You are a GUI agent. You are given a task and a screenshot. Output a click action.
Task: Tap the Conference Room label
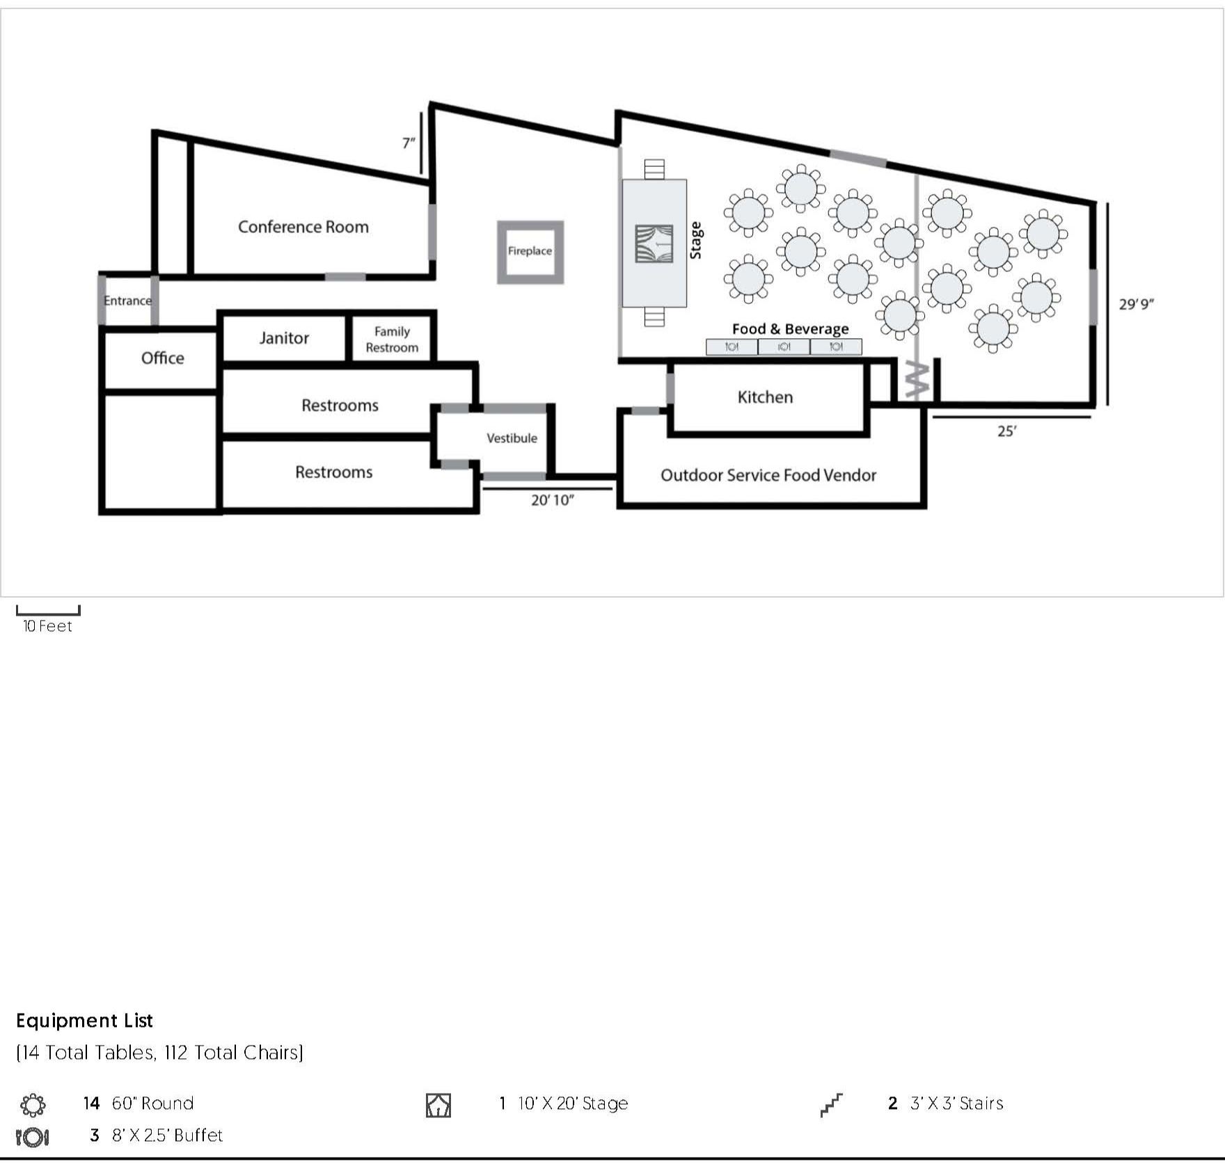click(x=303, y=227)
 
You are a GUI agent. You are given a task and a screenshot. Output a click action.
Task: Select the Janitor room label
click(x=284, y=338)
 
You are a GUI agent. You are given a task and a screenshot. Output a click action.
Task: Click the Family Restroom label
click(x=392, y=340)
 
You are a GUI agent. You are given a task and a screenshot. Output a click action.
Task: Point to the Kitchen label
click(x=765, y=397)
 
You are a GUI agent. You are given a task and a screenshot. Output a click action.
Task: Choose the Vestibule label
click(x=512, y=438)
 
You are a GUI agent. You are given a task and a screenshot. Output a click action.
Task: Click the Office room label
click(x=163, y=358)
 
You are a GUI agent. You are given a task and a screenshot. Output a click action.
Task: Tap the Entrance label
click(x=127, y=301)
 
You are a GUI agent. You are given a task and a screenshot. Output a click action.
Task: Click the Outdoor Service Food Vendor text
click(x=768, y=475)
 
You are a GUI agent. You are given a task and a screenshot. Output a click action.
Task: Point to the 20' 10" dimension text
click(x=553, y=500)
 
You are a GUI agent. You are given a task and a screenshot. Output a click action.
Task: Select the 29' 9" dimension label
click(x=1137, y=304)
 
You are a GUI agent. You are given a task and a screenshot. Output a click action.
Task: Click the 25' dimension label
click(x=1006, y=431)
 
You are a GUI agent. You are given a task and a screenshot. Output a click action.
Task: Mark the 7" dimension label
click(x=409, y=143)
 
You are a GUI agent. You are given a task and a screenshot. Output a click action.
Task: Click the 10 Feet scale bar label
click(x=47, y=626)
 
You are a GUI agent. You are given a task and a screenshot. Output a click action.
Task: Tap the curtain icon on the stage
click(x=654, y=243)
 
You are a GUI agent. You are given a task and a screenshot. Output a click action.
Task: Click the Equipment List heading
click(x=84, y=1021)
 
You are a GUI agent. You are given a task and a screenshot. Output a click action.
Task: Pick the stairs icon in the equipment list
click(x=831, y=1104)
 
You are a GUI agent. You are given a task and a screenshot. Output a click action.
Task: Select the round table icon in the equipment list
click(x=33, y=1104)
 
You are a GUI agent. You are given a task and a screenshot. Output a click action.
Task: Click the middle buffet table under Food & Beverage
click(x=784, y=346)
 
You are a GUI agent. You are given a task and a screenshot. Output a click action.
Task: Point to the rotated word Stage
click(x=695, y=240)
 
